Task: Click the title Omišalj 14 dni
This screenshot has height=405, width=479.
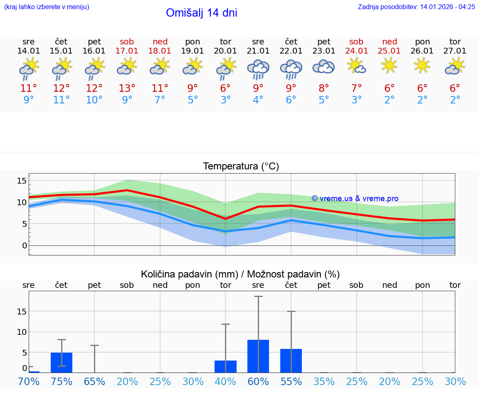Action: (x=201, y=13)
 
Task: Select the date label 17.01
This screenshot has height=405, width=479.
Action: (x=127, y=51)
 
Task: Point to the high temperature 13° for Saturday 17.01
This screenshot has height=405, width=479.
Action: (x=127, y=88)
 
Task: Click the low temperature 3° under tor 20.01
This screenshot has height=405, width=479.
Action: (x=225, y=100)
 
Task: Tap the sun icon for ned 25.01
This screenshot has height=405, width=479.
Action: (x=389, y=66)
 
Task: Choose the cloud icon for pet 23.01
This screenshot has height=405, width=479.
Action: (x=324, y=67)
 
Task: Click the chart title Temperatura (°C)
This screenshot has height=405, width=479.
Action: (x=241, y=167)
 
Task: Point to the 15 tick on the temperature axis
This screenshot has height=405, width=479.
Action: (x=22, y=181)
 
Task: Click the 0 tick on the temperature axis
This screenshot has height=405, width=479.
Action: (x=25, y=245)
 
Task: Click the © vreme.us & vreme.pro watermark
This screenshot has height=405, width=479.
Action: (x=355, y=199)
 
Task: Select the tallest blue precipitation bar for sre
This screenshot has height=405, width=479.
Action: (x=258, y=356)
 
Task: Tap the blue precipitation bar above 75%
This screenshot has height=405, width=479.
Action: (x=62, y=362)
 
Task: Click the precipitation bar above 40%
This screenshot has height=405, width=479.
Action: (x=225, y=366)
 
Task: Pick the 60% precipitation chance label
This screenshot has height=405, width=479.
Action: (x=258, y=381)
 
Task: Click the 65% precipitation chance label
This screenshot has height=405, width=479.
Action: (x=94, y=381)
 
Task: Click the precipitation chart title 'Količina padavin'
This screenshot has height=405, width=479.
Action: (x=240, y=274)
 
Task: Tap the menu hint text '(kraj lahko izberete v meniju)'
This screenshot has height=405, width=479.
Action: (x=46, y=7)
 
